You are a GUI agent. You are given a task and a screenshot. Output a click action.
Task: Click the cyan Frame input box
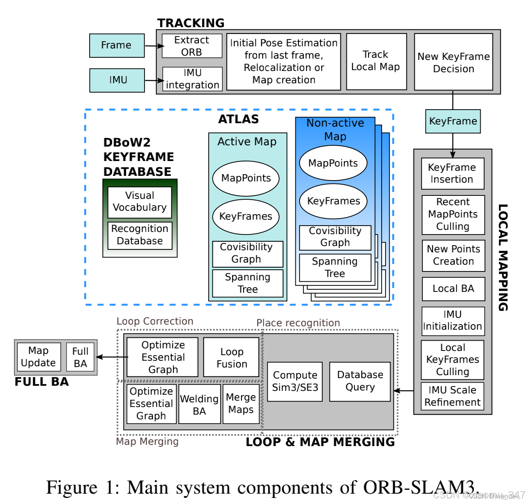117,45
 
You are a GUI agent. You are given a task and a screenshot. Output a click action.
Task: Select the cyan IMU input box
117,80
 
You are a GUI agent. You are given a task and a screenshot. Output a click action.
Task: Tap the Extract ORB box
192,46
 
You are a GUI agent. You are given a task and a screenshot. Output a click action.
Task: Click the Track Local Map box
376,61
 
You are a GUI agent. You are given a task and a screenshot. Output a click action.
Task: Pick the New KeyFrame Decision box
453,62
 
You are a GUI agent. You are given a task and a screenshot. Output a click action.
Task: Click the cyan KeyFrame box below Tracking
453,122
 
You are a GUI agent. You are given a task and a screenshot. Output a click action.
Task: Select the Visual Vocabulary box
140,202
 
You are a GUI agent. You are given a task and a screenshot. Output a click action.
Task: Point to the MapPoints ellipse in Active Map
246,178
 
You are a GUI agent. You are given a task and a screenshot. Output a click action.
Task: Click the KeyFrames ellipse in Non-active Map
334,201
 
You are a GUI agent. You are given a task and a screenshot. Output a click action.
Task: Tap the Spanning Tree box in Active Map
248,283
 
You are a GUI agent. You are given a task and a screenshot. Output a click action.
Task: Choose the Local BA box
453,289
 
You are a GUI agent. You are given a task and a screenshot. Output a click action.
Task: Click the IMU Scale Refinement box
453,396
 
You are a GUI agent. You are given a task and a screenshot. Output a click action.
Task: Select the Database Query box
360,381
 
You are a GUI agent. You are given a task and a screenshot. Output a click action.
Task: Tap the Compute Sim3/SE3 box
295,381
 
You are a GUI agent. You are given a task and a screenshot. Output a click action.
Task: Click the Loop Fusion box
232,358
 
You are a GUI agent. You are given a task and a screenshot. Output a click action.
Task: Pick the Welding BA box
199,404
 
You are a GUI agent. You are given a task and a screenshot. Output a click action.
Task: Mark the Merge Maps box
241,404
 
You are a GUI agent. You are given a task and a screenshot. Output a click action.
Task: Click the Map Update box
39,357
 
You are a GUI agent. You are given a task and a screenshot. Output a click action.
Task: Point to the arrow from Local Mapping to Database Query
404,391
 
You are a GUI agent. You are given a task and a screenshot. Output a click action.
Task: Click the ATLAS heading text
238,119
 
